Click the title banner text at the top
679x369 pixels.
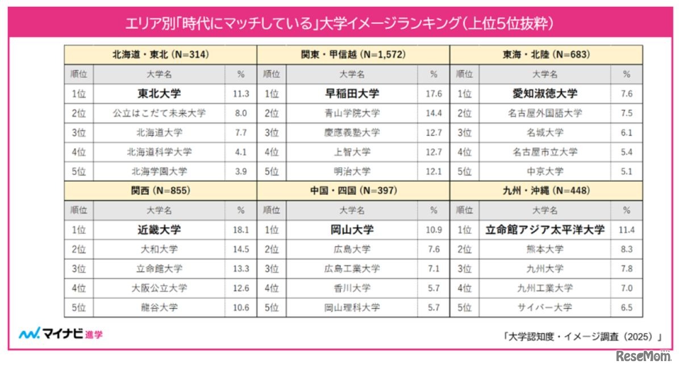pos(339,24)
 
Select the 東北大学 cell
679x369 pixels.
pos(159,94)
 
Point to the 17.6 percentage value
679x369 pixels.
pos(434,94)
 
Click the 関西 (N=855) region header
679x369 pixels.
pos(160,191)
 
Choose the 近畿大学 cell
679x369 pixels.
pos(159,230)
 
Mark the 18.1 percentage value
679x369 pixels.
pos(241,230)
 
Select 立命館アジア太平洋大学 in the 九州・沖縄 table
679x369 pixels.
pos(545,230)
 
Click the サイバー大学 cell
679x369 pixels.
pos(545,307)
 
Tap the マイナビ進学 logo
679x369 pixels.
pos(61,334)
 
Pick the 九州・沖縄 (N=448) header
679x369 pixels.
pos(546,191)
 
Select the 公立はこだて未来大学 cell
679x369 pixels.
pos(159,113)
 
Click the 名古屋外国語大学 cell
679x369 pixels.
pos(545,113)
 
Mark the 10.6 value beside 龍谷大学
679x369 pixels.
pos(241,307)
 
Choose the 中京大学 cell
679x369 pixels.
pos(545,171)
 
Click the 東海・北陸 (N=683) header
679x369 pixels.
pos(546,55)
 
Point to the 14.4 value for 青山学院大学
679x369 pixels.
pos(434,113)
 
